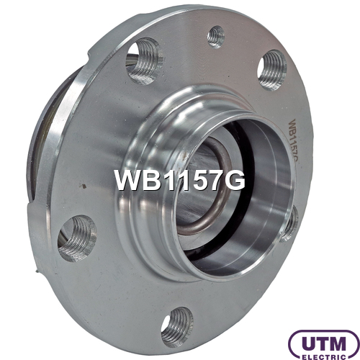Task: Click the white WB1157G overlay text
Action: point(180,180)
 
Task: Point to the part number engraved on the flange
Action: point(294,143)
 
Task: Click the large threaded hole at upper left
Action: point(144,61)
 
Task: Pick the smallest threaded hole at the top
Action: point(216,37)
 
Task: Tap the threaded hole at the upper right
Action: point(272,70)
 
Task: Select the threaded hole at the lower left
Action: point(77,238)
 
